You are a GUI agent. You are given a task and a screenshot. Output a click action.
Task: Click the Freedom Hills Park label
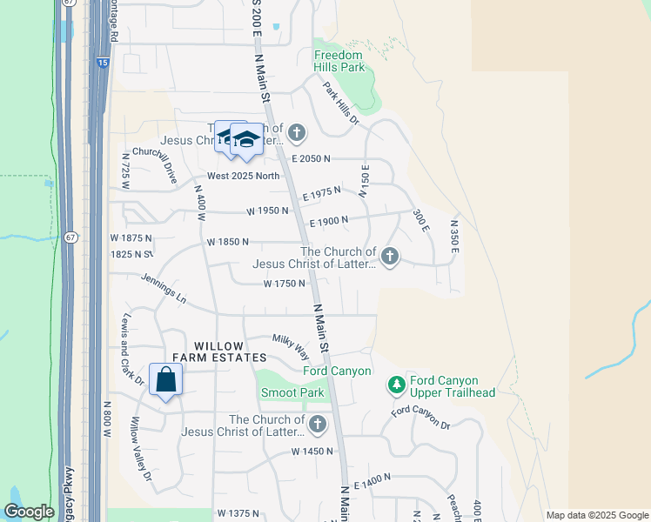(339, 61)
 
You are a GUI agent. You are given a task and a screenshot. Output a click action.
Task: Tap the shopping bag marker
(165, 380)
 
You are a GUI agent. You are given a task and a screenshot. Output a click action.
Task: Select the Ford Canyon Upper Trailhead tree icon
(397, 384)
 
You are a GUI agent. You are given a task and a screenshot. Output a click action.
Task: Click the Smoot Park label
(292, 393)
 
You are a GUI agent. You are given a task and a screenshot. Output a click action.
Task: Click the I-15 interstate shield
(103, 63)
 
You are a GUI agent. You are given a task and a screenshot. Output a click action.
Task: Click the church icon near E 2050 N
(297, 133)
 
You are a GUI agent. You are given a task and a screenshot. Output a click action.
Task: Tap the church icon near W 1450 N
(318, 425)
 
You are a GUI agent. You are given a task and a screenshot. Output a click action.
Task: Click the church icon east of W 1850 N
(390, 256)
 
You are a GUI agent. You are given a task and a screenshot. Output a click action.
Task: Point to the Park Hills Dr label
(340, 103)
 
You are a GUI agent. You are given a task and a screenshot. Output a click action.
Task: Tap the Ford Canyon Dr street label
(420, 418)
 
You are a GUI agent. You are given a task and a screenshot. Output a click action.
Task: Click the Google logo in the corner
(29, 512)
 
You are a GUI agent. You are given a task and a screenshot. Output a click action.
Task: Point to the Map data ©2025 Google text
(596, 515)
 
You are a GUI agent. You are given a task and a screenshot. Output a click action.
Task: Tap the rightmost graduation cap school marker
(246, 139)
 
